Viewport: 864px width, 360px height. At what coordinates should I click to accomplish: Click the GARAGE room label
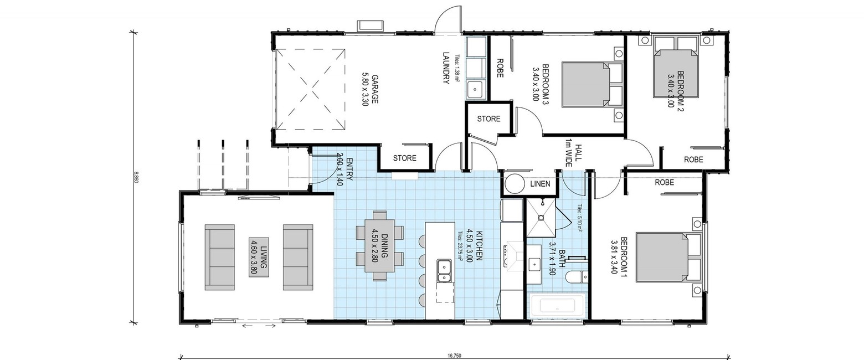click(x=369, y=89)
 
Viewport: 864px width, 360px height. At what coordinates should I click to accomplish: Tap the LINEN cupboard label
click(x=540, y=184)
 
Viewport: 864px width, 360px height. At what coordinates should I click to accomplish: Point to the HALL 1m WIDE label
click(x=573, y=153)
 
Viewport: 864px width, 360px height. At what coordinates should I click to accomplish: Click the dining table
click(x=380, y=246)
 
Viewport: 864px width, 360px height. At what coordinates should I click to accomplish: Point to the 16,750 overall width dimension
click(x=455, y=356)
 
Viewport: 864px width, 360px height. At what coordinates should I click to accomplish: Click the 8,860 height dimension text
click(x=135, y=177)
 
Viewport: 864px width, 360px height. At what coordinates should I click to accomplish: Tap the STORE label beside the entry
click(x=405, y=158)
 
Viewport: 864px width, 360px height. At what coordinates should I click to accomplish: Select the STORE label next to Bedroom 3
click(x=488, y=119)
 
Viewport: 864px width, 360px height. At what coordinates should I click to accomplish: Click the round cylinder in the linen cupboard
click(x=514, y=184)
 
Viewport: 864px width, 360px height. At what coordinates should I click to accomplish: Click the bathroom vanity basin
click(x=535, y=264)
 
